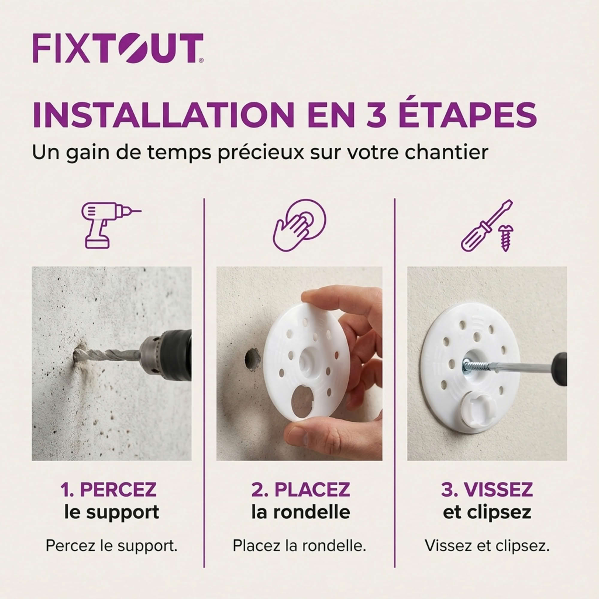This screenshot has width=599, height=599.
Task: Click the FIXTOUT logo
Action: (118, 48)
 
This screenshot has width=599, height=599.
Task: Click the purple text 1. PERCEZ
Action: (108, 490)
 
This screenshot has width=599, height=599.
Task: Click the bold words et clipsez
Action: (487, 513)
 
